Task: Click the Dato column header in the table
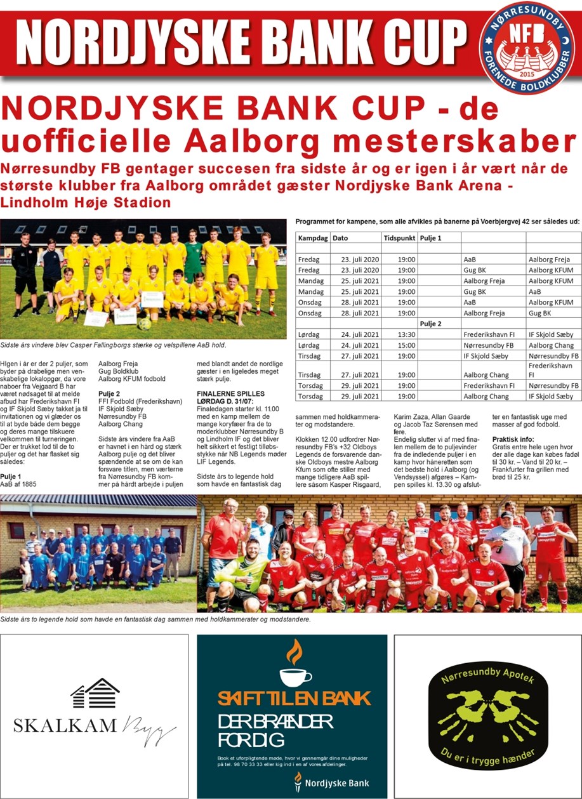point(341,237)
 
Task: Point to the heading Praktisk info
point(513,439)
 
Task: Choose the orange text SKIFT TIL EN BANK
point(293,699)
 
